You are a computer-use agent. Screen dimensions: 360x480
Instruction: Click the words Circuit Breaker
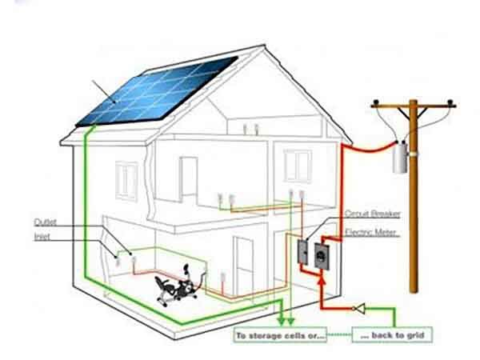click(372, 214)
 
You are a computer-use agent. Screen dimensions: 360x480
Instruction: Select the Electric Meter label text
click(371, 232)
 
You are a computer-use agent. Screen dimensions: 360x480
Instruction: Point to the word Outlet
click(45, 222)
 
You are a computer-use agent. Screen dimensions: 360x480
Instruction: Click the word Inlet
click(42, 238)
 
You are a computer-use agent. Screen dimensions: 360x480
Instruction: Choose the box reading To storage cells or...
click(280, 335)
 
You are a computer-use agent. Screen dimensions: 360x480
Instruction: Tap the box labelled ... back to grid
click(392, 334)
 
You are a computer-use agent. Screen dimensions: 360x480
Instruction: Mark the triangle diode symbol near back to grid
click(361, 308)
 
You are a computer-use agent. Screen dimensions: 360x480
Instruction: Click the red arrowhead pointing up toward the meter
click(320, 279)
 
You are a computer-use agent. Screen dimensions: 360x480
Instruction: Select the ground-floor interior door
click(242, 260)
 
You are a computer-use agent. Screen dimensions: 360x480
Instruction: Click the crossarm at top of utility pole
click(413, 103)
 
